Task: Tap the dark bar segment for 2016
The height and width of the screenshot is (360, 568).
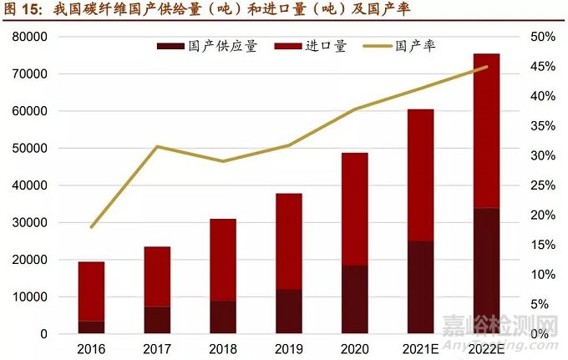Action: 91,327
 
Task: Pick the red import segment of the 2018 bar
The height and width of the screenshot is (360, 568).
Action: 222,260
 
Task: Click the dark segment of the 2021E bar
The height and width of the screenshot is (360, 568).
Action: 420,286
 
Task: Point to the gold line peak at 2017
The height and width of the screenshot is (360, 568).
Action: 157,147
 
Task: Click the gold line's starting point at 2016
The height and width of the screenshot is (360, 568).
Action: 91,226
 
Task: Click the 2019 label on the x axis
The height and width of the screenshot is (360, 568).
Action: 288,348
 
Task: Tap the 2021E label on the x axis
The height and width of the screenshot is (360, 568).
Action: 420,348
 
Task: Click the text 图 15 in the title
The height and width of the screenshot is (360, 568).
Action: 23,11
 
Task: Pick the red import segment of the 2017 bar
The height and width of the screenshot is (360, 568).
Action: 157,276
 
